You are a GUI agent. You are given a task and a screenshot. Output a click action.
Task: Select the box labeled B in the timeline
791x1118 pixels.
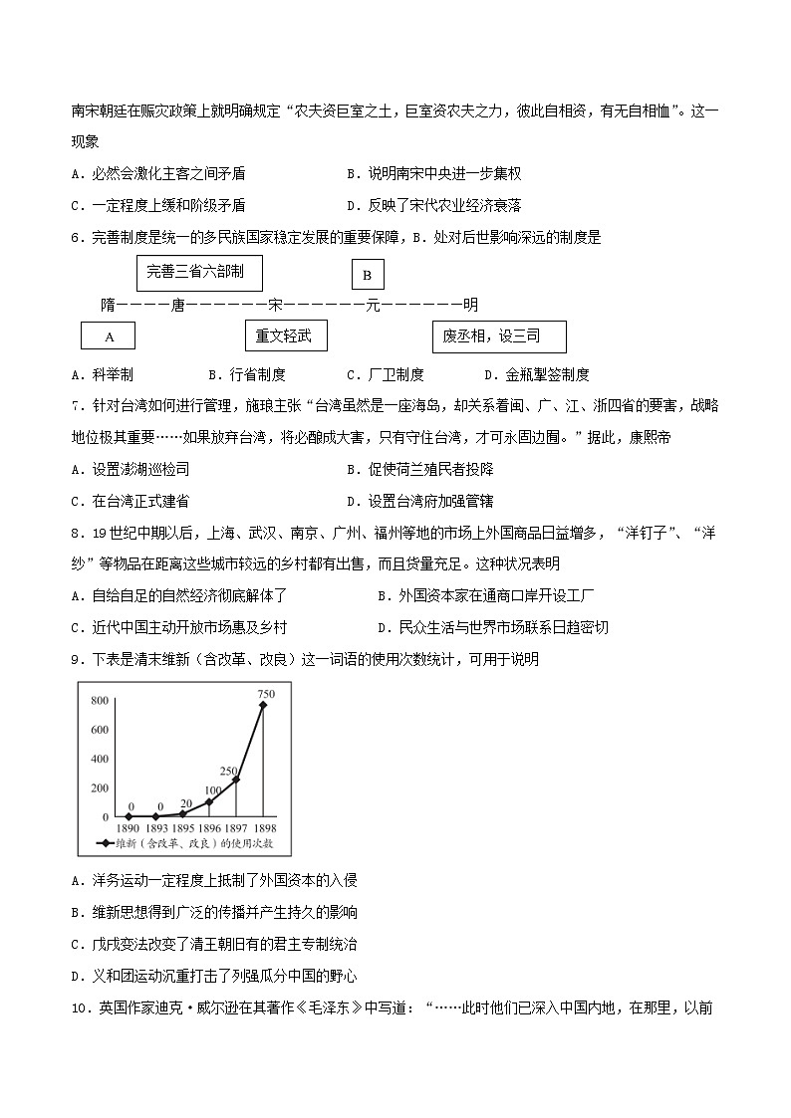click(367, 275)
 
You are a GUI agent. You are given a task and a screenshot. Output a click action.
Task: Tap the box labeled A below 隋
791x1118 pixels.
click(109, 336)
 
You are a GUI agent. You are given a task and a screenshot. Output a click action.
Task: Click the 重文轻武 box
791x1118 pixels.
click(285, 336)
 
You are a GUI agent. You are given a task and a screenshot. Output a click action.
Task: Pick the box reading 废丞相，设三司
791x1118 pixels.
click(498, 336)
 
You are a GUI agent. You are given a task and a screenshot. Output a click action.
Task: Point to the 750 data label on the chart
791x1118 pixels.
click(266, 693)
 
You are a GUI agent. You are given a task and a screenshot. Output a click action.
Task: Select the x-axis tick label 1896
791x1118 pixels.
click(209, 827)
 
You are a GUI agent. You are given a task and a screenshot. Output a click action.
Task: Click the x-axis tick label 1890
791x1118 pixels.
click(128, 827)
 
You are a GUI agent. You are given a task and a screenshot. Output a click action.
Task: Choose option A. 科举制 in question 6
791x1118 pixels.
click(103, 374)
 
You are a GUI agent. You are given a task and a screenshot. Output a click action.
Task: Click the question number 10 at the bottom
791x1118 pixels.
click(81, 1006)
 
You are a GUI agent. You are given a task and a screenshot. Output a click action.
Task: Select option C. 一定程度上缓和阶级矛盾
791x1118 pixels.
click(158, 205)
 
